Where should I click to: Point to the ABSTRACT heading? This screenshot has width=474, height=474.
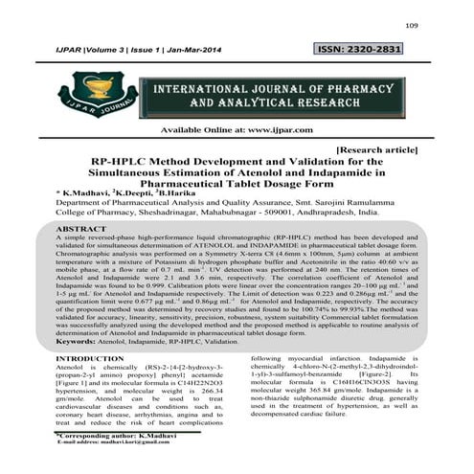81,231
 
